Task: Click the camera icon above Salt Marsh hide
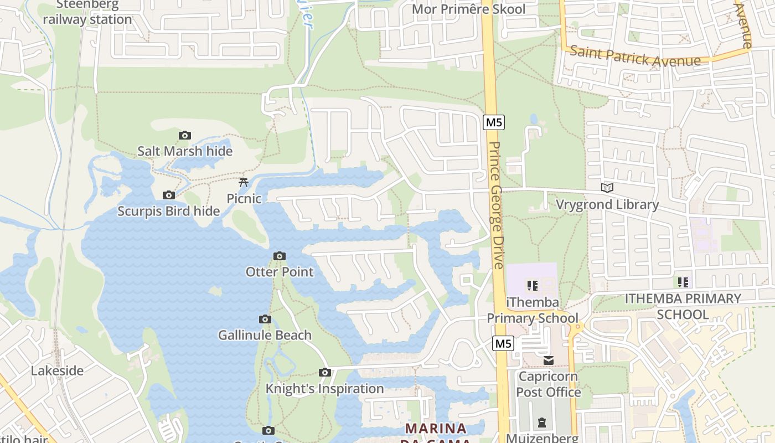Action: point(185,135)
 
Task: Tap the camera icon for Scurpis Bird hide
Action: point(169,195)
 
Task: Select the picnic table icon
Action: point(243,182)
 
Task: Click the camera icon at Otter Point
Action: point(280,256)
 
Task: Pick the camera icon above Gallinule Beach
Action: point(265,319)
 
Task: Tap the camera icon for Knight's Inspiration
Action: point(325,372)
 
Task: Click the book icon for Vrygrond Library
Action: point(607,188)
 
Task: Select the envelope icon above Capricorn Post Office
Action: point(548,360)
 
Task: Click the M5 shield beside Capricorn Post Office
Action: point(503,343)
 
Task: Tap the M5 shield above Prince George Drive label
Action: point(493,122)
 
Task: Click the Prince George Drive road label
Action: point(496,205)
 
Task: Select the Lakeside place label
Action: point(57,370)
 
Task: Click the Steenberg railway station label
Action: point(87,13)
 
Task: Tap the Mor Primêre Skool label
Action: point(469,9)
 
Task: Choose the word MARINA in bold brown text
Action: point(436,428)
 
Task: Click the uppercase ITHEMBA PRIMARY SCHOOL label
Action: point(683,306)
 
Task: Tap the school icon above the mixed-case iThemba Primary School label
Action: point(533,286)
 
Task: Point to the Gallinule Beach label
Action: point(265,335)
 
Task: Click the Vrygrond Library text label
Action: point(607,204)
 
